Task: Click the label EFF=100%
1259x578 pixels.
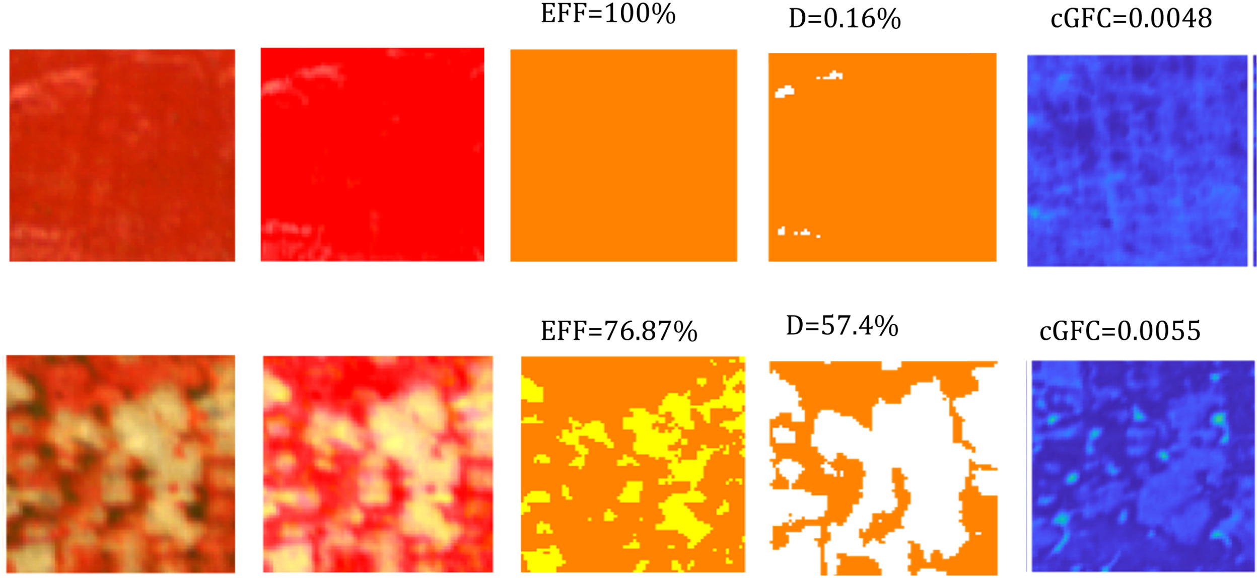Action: click(608, 14)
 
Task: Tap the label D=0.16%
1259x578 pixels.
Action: click(845, 19)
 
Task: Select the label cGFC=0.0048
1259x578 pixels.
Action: click(1131, 19)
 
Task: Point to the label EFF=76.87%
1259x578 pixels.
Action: click(619, 331)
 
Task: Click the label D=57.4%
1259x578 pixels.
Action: click(842, 326)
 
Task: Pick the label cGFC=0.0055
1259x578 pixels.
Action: click(1120, 331)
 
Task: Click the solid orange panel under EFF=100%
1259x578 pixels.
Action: click(623, 155)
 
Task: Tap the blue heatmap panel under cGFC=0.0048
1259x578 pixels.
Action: click(1137, 160)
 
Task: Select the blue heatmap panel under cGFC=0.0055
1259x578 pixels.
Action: click(1142, 466)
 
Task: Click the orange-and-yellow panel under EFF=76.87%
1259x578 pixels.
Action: click(633, 464)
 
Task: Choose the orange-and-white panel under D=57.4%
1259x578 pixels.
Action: click(883, 467)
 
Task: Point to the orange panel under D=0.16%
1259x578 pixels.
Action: click(882, 157)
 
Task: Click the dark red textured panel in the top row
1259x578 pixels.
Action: click(122, 155)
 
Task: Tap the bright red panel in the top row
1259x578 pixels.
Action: click(372, 155)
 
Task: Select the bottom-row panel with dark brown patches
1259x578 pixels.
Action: click(120, 464)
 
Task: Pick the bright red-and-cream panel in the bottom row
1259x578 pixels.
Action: click(378, 464)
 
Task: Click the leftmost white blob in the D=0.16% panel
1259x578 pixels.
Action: click(784, 92)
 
